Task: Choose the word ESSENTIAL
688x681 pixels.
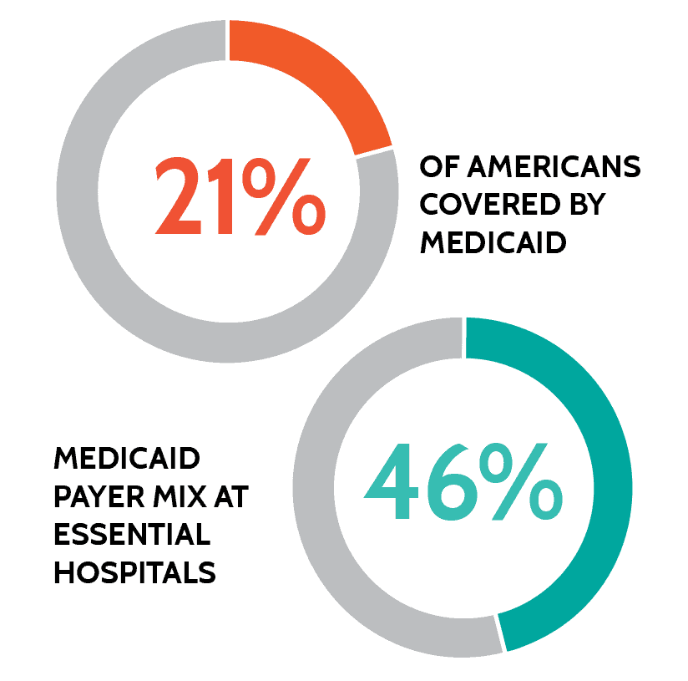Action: tap(131, 535)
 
